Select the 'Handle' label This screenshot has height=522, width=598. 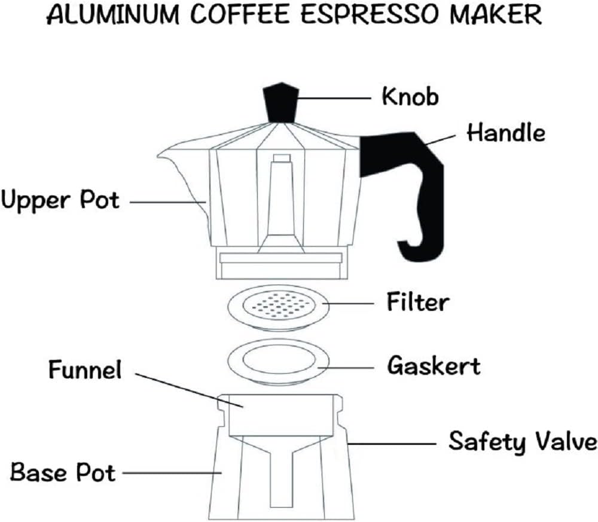point(506,132)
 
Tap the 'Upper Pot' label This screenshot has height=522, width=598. point(60,200)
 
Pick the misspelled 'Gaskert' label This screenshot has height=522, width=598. point(434,365)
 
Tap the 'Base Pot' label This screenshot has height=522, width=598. point(63,473)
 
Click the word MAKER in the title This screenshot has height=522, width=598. point(505,16)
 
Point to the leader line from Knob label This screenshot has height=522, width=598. point(335,97)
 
